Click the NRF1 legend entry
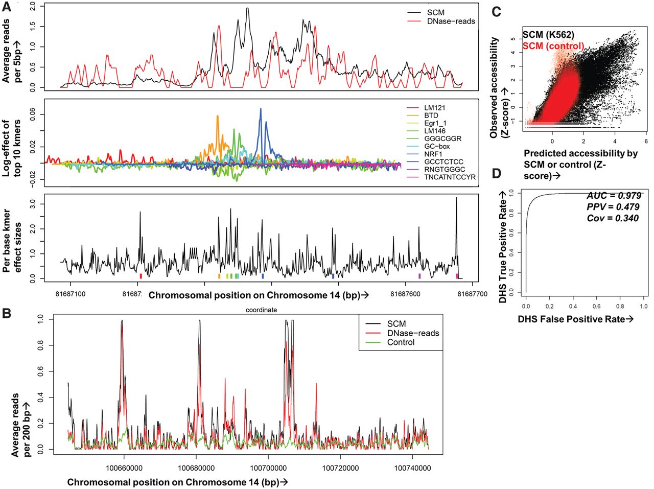(433, 154)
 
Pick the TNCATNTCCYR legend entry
(450, 177)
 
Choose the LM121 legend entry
(435, 108)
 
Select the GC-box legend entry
(437, 146)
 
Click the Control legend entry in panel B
(401, 342)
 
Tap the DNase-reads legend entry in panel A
(451, 21)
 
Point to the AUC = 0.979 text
(614, 196)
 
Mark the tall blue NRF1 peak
(261, 110)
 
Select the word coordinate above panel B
(261, 310)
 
